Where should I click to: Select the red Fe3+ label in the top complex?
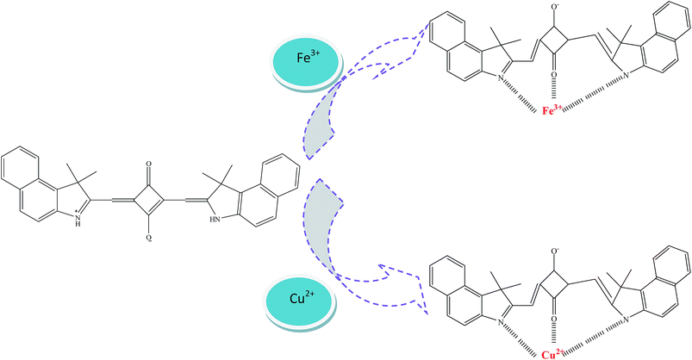[552, 111]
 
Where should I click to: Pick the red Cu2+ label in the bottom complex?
[552, 354]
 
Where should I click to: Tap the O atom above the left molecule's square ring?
[149, 164]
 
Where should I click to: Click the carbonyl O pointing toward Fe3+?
[553, 75]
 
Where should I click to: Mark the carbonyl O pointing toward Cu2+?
[553, 319]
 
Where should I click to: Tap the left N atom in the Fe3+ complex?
[501, 78]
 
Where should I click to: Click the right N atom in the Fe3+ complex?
[626, 77]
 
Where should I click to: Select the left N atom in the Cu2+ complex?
[501, 322]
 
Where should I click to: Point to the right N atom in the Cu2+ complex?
[626, 320]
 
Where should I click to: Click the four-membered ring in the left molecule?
[149, 202]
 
